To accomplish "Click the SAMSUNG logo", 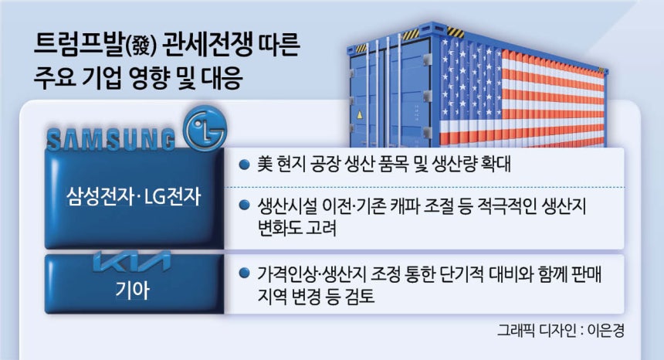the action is pyautogui.click(x=111, y=140).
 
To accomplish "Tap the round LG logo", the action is pyautogui.click(x=205, y=129).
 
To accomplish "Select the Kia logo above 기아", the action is pyautogui.click(x=132, y=262).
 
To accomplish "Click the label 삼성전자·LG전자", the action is pyautogui.click(x=134, y=197).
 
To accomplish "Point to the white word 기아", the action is pyautogui.click(x=133, y=290).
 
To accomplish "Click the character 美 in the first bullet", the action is pyautogui.click(x=265, y=165).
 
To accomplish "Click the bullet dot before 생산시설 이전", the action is pyautogui.click(x=244, y=205).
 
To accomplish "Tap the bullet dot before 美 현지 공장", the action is pyautogui.click(x=244, y=165).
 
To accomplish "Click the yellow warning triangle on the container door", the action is pyautogui.click(x=360, y=114).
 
